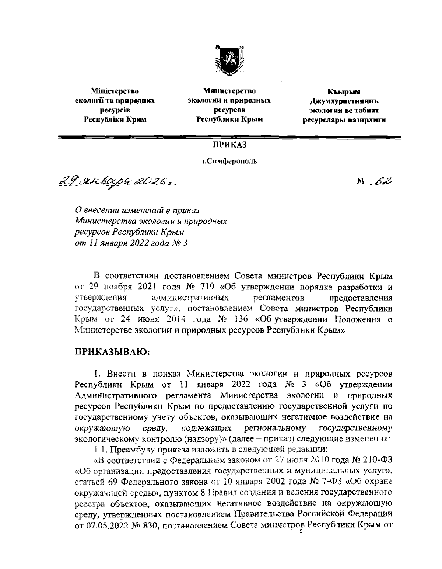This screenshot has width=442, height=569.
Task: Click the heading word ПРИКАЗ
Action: point(229,145)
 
